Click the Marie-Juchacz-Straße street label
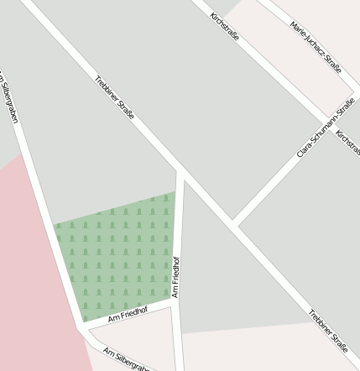(x=315, y=47)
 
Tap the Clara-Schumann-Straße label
(x=325, y=129)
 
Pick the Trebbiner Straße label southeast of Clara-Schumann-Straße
(x=327, y=329)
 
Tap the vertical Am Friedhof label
(x=176, y=277)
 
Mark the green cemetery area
(x=117, y=256)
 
